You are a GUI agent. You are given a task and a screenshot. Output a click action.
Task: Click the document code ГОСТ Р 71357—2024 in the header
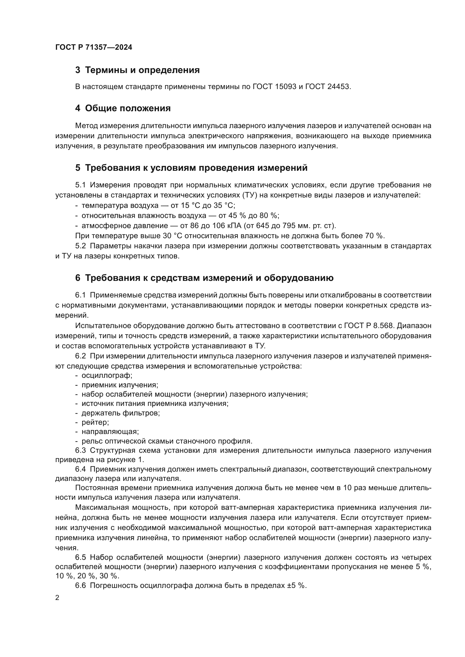(x=94, y=47)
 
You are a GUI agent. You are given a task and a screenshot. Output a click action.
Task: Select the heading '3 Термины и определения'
(x=137, y=70)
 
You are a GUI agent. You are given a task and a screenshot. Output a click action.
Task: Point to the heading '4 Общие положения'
(x=123, y=108)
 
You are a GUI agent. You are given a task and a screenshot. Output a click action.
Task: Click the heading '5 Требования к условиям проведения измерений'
(x=191, y=168)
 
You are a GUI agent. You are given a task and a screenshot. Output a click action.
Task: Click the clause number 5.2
(x=80, y=246)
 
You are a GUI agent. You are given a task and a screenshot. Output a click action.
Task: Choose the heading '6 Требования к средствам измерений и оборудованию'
(x=204, y=278)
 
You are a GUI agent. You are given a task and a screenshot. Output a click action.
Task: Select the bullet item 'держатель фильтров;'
(x=121, y=413)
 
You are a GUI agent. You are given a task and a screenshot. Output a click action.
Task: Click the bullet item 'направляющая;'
(x=110, y=431)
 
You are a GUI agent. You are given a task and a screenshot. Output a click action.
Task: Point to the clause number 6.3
(x=80, y=450)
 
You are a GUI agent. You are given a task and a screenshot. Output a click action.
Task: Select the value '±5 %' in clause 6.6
(x=297, y=586)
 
